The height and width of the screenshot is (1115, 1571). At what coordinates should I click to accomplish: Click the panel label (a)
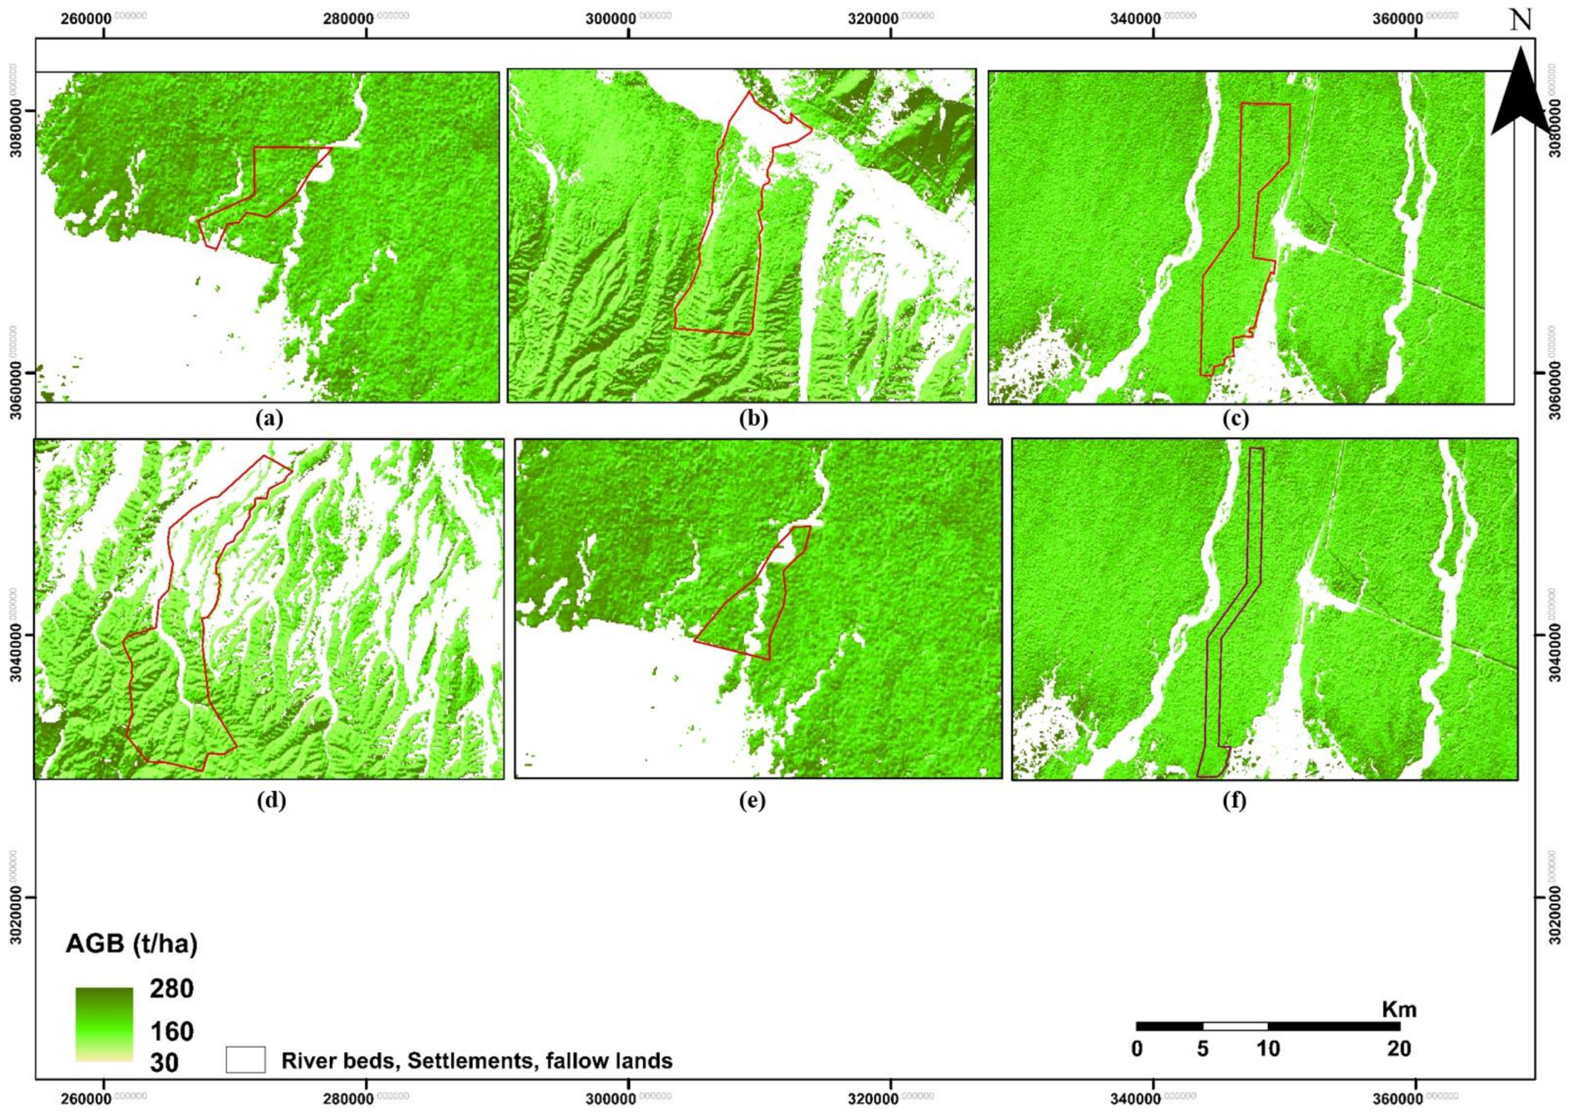268,418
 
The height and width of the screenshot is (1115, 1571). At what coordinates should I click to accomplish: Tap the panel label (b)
753,418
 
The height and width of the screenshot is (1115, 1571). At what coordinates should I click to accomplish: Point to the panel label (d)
271,800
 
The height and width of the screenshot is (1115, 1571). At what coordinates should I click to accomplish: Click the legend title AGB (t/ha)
131,945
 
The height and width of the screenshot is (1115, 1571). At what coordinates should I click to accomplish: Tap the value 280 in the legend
171,989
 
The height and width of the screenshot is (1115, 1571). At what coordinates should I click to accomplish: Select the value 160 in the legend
171,1031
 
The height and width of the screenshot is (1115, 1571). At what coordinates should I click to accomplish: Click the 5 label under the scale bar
1202,1049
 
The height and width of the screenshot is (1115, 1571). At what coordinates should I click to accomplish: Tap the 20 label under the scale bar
1399,1049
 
